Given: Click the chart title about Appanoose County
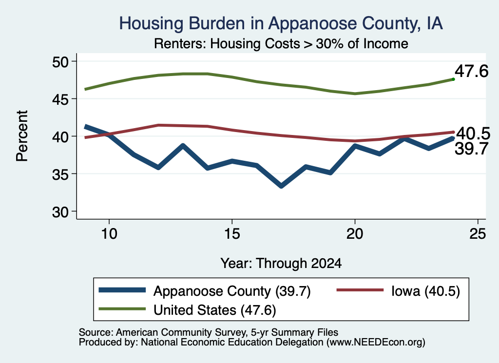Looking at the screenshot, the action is (x=281, y=23).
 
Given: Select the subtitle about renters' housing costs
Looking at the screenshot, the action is (x=281, y=43).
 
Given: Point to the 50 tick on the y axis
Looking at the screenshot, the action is (x=60, y=61).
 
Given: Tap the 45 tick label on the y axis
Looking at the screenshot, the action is (x=60, y=99).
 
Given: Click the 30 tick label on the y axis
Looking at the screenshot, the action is (x=60, y=211).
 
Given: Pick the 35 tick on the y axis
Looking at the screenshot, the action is (x=60, y=174).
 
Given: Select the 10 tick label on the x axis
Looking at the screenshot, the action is (x=109, y=234).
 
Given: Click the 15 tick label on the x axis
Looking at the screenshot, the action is (x=232, y=234).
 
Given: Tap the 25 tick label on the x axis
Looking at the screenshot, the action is (x=478, y=234).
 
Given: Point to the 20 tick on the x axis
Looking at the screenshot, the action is (x=355, y=234).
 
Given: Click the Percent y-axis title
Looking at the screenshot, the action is (x=22, y=136).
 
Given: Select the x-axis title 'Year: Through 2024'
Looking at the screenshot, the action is (x=281, y=264).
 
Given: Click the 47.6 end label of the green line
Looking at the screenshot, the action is (x=471, y=71).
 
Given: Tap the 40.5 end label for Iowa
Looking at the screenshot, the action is (x=473, y=134).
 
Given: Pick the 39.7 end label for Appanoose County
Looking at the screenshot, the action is (x=471, y=149).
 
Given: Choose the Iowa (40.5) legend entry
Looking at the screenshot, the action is (x=398, y=291).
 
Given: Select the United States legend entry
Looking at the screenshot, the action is (x=188, y=309).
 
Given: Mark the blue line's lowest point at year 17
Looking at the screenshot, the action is (x=281, y=186).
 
